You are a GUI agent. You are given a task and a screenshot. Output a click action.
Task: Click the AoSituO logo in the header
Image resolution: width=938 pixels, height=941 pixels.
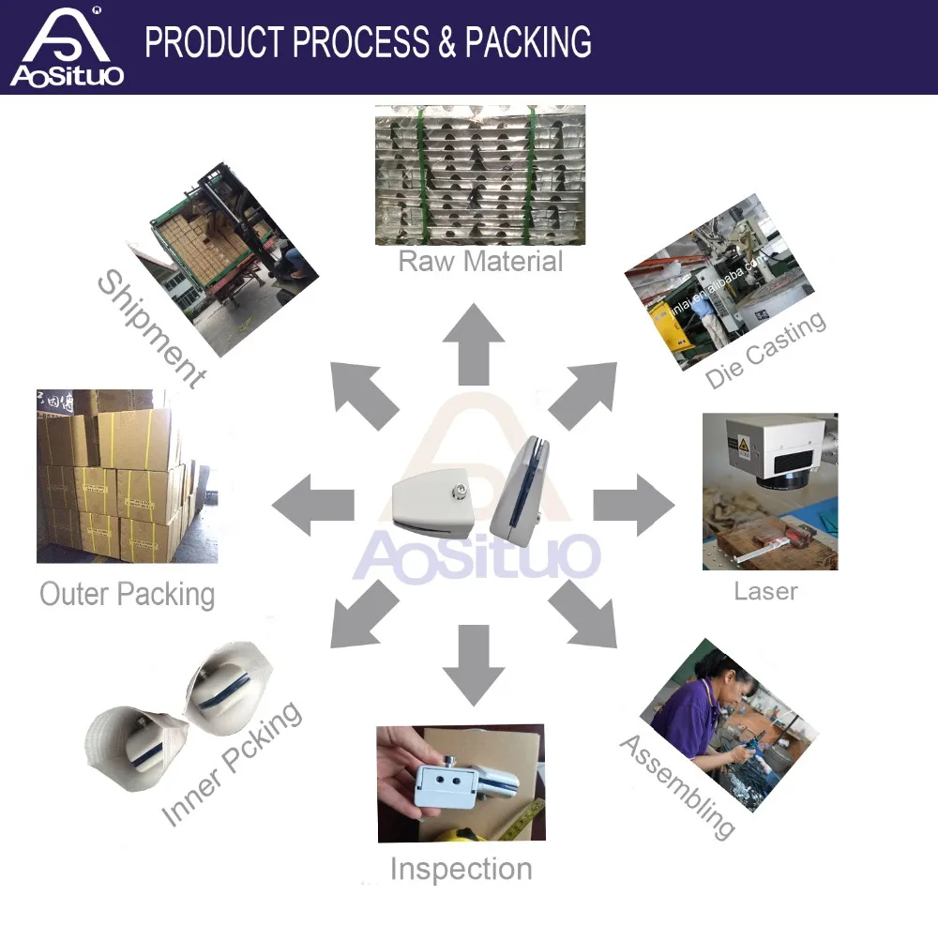66,47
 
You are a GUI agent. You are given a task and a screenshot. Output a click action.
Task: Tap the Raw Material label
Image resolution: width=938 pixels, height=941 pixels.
480,260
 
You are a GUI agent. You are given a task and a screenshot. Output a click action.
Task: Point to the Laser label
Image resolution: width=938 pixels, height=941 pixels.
765,591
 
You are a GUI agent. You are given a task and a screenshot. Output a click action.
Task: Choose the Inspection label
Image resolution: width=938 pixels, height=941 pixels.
461,869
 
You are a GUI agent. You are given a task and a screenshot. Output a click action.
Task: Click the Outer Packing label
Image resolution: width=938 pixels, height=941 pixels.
127,594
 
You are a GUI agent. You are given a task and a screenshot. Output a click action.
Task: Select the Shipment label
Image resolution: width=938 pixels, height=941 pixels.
150,328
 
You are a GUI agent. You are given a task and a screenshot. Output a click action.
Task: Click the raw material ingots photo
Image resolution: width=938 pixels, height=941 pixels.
480,175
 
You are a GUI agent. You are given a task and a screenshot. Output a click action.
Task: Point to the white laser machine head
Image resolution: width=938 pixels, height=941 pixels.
779,446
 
